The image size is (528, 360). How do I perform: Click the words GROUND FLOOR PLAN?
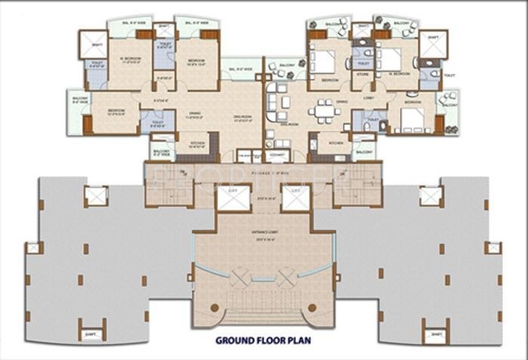(x=263, y=340)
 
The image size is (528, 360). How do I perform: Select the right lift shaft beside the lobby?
(x=296, y=198)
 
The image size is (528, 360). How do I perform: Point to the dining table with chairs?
(x=324, y=110)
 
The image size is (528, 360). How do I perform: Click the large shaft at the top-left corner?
(x=94, y=43)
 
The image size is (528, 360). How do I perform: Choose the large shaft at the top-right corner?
(x=433, y=43)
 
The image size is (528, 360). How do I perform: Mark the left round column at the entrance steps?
(x=215, y=309)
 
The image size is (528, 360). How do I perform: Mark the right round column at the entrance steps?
(x=312, y=309)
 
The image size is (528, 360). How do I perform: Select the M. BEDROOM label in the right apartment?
(x=399, y=74)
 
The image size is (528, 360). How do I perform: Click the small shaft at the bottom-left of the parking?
(x=91, y=331)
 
